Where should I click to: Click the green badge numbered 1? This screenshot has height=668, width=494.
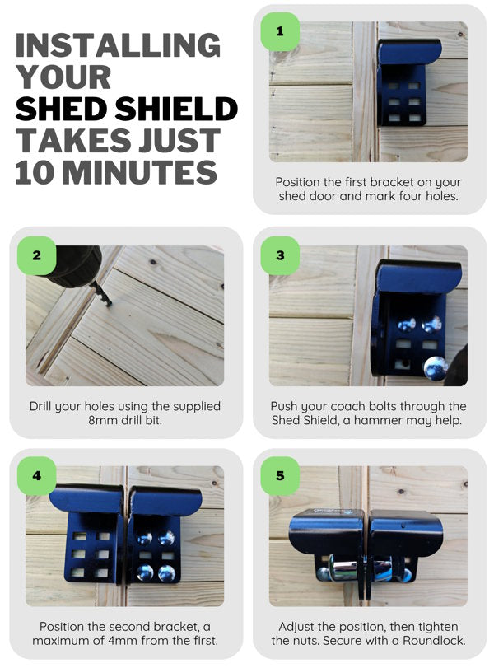coord(280,32)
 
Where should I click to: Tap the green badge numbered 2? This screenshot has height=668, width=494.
coord(36,255)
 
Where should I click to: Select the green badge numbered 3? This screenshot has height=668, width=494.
coord(280,255)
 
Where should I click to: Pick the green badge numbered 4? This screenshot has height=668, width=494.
coord(36,476)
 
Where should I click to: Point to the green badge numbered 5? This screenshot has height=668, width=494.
coord(280,476)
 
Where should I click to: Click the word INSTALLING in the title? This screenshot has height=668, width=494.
coord(118,44)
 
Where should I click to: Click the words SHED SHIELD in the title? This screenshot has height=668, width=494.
coord(126,109)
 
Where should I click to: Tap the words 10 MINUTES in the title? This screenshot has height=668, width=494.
coord(115,173)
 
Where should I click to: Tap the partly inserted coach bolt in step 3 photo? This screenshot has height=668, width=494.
coord(436,368)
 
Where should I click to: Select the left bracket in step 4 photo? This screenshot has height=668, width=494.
coord(88,535)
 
